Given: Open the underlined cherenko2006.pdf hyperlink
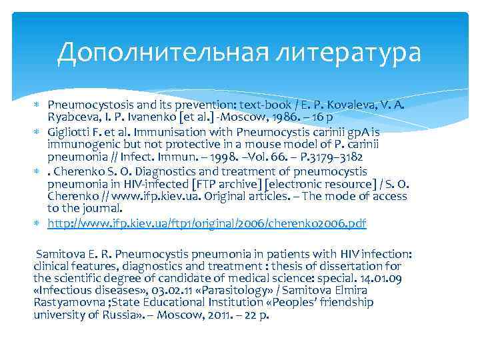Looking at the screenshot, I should (207, 222).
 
